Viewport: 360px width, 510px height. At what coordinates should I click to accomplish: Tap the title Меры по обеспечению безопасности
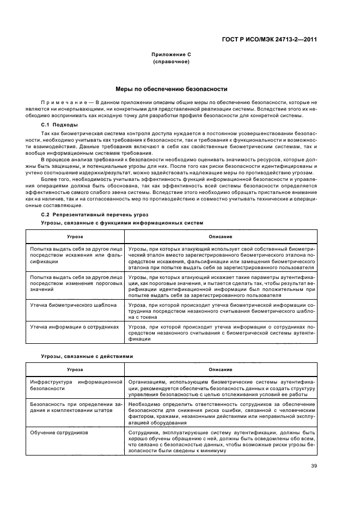click(x=171, y=89)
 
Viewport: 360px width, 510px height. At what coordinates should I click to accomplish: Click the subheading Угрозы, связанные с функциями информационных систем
click(x=122, y=223)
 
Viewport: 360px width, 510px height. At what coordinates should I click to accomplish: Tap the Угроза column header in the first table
click(x=75, y=236)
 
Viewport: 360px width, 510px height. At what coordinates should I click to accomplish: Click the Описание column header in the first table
click(x=220, y=236)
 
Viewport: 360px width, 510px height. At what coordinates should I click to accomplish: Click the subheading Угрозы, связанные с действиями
click(x=87, y=356)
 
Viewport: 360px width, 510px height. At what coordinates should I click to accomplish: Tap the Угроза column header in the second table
click(x=75, y=369)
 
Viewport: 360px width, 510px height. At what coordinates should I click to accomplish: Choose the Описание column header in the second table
click(x=220, y=369)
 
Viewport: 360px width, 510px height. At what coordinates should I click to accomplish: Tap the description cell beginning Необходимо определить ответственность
click(x=221, y=413)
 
